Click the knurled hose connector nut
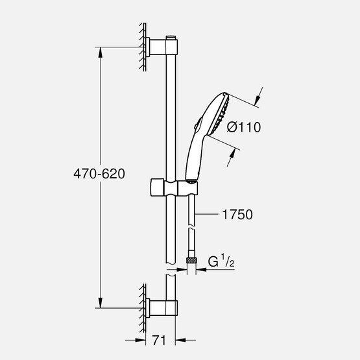191,260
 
